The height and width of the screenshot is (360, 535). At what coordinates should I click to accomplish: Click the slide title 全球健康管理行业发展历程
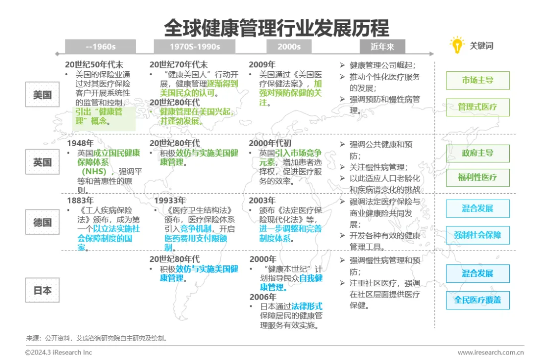(x=276, y=28)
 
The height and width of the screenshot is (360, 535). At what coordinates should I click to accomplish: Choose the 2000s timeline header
(x=289, y=47)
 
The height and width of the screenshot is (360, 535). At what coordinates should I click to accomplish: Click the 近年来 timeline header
(x=382, y=47)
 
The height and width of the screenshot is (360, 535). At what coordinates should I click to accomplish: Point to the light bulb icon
(x=457, y=45)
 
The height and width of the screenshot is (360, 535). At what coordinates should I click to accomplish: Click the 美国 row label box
(x=43, y=95)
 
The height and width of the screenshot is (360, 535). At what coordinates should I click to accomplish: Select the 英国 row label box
(x=43, y=162)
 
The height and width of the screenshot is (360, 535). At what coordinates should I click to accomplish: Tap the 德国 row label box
(x=43, y=222)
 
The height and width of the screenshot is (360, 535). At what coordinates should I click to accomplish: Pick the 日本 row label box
(x=43, y=290)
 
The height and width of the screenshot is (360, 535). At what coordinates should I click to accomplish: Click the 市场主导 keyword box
(x=478, y=80)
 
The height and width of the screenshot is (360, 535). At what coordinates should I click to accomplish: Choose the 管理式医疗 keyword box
(x=478, y=107)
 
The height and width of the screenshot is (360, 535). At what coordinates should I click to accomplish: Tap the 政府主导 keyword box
(x=478, y=153)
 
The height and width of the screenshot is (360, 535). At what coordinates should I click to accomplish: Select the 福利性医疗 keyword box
(x=478, y=177)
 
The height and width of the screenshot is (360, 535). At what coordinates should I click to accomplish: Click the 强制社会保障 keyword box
(x=478, y=235)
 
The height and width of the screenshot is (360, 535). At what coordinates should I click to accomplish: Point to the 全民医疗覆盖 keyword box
(x=478, y=300)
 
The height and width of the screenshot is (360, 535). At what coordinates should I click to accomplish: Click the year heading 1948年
(x=80, y=143)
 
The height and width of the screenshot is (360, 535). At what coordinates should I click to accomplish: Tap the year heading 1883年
(x=80, y=201)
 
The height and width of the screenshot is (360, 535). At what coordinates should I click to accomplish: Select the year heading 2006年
(x=263, y=297)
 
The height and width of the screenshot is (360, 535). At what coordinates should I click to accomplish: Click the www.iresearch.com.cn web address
(x=490, y=353)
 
